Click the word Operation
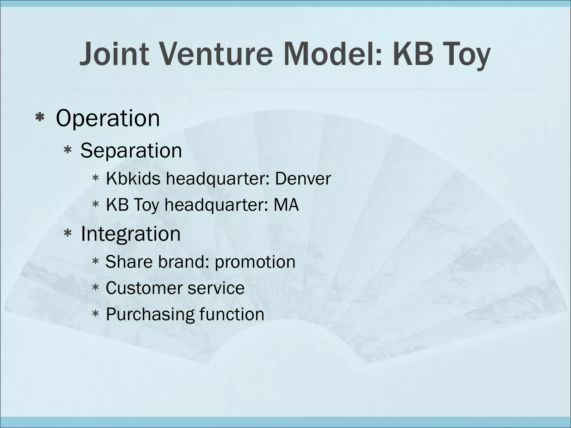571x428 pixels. [108, 118]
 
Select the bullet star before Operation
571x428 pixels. [40, 118]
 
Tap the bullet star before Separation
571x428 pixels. [67, 150]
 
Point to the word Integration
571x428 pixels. [130, 234]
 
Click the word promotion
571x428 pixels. [255, 262]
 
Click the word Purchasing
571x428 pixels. [150, 315]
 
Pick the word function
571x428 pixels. [232, 314]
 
